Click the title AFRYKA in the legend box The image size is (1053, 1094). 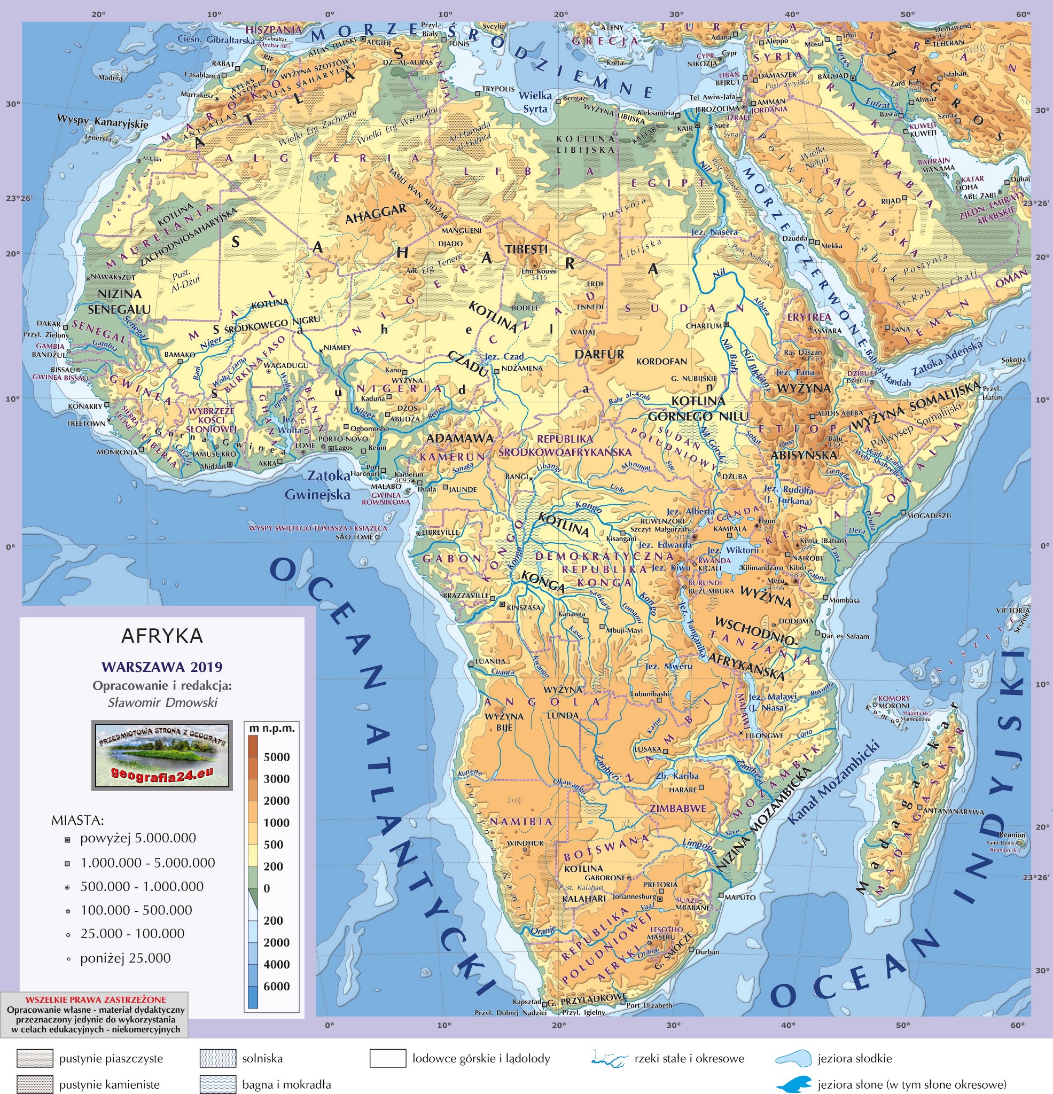click(x=162, y=636)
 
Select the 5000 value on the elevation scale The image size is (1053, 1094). click(x=276, y=757)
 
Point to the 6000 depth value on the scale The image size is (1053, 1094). click(x=276, y=986)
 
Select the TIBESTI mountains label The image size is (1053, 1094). click(x=527, y=249)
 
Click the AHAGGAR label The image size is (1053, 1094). click(x=376, y=214)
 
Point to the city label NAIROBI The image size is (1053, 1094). click(x=807, y=558)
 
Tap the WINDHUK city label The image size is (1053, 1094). click(x=525, y=843)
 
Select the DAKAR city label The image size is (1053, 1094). click(x=49, y=323)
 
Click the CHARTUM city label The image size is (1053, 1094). click(x=704, y=326)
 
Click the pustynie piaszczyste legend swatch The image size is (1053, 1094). click(x=35, y=1058)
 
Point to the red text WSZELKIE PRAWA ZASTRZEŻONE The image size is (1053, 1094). click(x=96, y=999)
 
